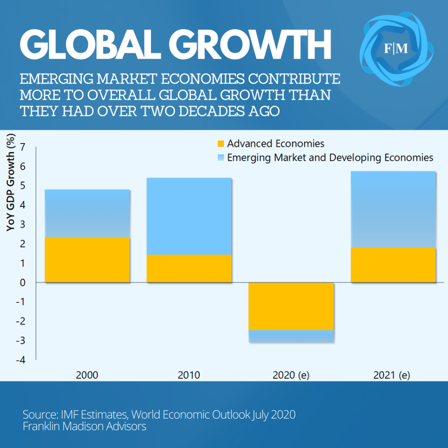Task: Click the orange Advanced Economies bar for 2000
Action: [87, 260]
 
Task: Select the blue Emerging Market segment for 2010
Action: [189, 216]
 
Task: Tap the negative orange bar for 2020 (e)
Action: [291, 306]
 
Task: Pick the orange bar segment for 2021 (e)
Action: [393, 265]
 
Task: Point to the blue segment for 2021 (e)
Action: [393, 209]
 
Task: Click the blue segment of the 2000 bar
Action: [87, 213]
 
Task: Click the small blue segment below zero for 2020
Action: [291, 336]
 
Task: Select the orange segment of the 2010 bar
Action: [189, 269]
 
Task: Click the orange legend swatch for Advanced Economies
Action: [221, 143]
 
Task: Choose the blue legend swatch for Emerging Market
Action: [221, 157]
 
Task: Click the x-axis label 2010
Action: [189, 375]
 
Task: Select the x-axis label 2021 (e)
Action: [392, 375]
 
